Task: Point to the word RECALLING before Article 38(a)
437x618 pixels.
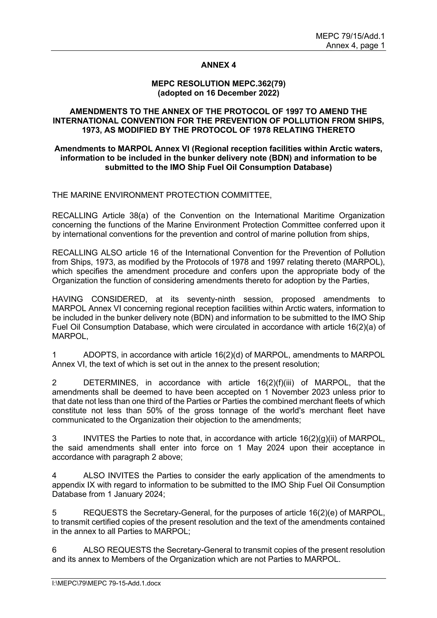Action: (x=75, y=216)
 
